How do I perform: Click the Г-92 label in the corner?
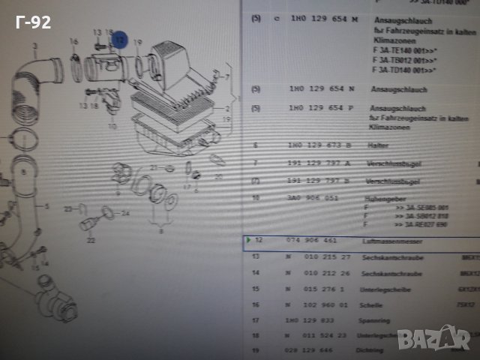(32, 22)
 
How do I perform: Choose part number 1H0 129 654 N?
(323, 88)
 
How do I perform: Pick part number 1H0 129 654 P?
(323, 108)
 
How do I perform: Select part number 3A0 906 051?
(312, 198)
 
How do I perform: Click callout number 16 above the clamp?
(73, 40)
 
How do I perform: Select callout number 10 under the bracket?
(112, 125)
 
